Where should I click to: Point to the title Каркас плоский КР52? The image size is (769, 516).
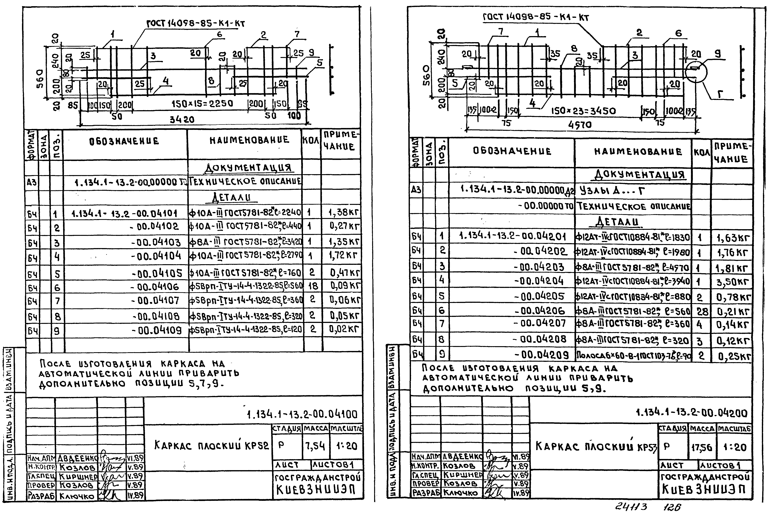coord(211,446)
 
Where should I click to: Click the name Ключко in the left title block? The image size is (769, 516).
coord(77,496)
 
